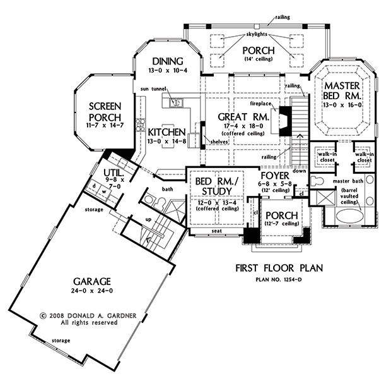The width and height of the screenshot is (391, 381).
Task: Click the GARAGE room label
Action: coord(92,282)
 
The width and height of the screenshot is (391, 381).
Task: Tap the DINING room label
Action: coord(168,61)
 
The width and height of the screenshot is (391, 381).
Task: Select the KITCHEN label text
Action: coord(166,132)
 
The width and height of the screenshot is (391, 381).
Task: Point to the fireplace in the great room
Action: coord(285,121)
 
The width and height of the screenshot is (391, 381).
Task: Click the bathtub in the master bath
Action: coord(349,215)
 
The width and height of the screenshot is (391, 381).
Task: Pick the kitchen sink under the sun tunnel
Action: coord(176,103)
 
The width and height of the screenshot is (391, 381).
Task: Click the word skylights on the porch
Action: coord(256,34)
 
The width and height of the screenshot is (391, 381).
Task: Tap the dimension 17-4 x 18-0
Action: coord(243,126)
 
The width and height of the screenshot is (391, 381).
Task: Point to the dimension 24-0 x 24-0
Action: coord(92,291)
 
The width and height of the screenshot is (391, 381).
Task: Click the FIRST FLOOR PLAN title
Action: coord(279,268)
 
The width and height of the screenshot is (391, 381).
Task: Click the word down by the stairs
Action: coord(299,171)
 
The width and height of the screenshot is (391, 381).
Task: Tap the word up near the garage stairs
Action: coord(148,220)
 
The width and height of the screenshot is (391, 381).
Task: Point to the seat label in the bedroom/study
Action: coord(217,231)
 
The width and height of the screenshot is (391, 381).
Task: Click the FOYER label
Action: coord(275,176)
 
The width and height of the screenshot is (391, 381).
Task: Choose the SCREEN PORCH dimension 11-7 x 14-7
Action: coord(105,125)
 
